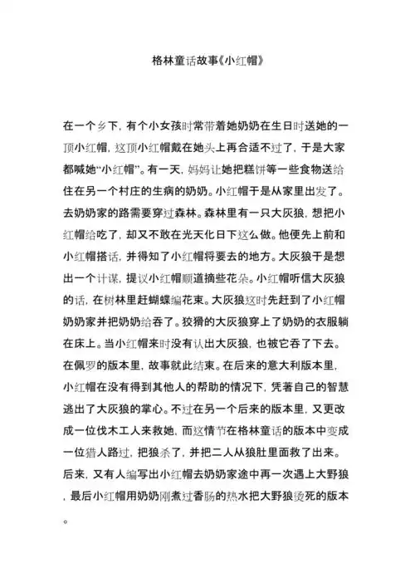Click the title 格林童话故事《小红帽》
pos(207,61)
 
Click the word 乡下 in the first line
pos(107,125)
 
